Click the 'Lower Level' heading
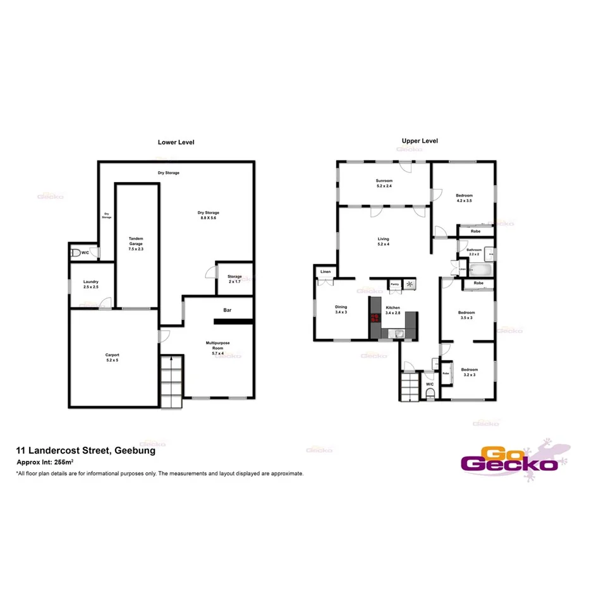coord(176,142)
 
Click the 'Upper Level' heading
coord(420,141)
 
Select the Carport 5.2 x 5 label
coord(112,358)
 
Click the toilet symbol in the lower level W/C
coord(76,253)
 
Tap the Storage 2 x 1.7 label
coord(234,279)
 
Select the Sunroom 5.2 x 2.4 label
coord(384,183)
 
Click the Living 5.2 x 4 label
coord(384,241)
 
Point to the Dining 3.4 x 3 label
coord(341,310)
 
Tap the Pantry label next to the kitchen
coord(394,284)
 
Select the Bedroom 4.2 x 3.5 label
coord(464,198)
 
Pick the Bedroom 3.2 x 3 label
coord(469,372)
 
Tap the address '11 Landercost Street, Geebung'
coord(85,451)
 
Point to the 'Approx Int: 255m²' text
coord(43,463)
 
